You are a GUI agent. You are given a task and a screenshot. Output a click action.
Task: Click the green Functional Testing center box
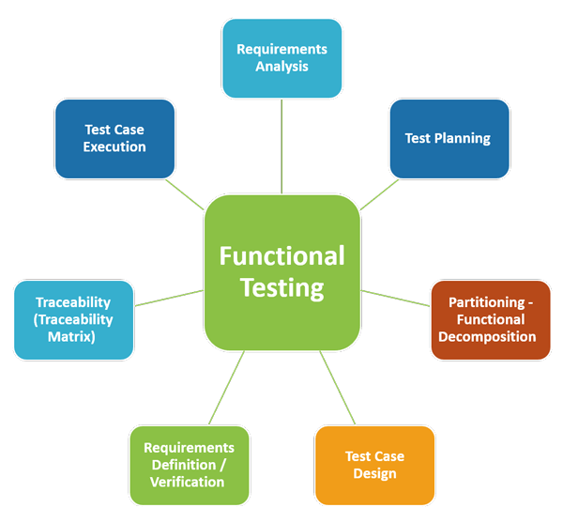pos(281,272)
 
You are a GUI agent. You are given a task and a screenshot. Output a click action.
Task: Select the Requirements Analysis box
pos(281,57)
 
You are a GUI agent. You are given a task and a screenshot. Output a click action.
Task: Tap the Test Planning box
pos(449,138)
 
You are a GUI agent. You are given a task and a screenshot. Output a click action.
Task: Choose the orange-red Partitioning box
pos(491,319)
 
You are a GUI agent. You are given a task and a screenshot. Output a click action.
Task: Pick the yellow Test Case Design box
pos(374,465)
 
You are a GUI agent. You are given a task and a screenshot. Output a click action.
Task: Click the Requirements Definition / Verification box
pos(189,465)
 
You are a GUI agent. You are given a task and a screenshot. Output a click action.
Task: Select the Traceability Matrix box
pos(73,319)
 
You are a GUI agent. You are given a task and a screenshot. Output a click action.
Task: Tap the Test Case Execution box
pos(114,138)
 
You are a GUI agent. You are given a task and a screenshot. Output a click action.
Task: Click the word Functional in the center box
pos(281,255)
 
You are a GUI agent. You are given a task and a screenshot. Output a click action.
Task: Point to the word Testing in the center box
pos(281,287)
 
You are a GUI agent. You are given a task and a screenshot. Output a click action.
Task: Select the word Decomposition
pos(492,336)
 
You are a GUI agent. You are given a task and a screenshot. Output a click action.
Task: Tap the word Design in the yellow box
pos(374,473)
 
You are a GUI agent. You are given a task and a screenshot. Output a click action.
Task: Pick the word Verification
pos(188,482)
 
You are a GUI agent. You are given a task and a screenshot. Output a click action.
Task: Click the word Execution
pos(114,146)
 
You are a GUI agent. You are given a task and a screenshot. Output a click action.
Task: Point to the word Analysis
pos(281,67)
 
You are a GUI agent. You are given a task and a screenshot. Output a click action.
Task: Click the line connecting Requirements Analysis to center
pos(281,146)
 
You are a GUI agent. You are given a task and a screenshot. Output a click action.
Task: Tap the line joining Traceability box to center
pos(169,298)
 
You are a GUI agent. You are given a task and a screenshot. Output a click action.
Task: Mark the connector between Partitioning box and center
pos(395,298)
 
